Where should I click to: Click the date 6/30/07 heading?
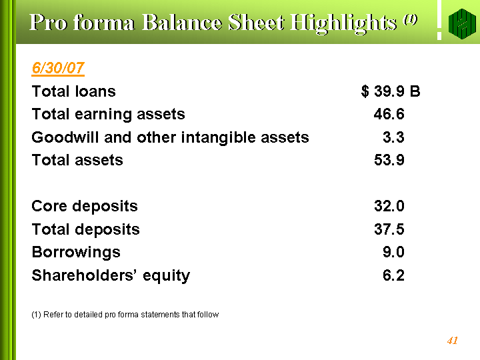[x=58, y=68]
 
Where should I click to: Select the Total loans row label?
[x=74, y=91]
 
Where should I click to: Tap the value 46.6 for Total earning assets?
[x=389, y=114]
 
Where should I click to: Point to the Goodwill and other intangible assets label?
[x=170, y=137]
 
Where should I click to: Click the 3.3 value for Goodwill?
[x=393, y=137]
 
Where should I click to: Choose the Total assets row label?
[x=77, y=160]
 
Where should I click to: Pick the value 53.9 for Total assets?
[x=389, y=160]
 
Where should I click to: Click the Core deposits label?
[x=85, y=206]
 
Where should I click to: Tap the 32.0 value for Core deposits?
[x=389, y=206]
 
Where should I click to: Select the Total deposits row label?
[x=86, y=229]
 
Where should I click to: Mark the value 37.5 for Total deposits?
[x=389, y=229]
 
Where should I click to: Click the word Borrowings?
[x=76, y=253]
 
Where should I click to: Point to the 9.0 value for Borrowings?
[x=393, y=252]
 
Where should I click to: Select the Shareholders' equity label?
[x=111, y=275]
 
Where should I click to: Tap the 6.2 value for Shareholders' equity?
[x=393, y=275]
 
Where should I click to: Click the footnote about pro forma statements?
[x=125, y=315]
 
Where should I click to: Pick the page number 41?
[x=452, y=341]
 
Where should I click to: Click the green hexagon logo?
[x=462, y=23]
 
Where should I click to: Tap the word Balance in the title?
[x=182, y=23]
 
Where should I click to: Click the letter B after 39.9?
[x=415, y=91]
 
